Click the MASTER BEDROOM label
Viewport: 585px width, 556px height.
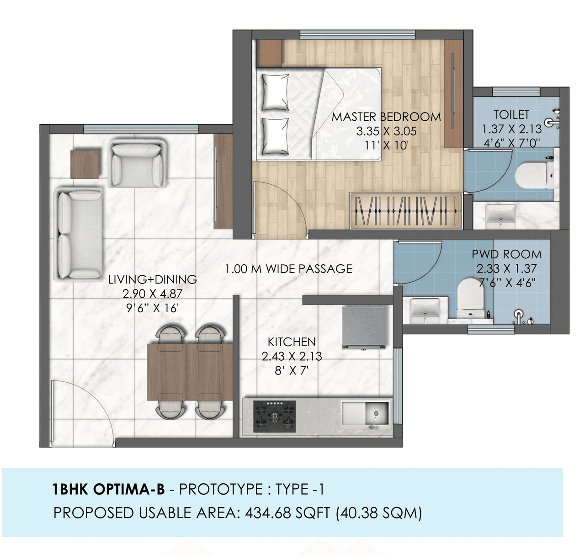(x=386, y=117)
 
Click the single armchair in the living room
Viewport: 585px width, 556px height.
(x=137, y=163)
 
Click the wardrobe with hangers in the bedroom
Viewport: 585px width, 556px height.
(x=405, y=211)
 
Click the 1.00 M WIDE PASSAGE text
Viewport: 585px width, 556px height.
(x=288, y=268)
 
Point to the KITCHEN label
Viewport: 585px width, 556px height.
(x=292, y=342)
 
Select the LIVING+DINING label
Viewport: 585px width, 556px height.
(x=152, y=279)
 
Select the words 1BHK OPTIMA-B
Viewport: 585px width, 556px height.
(x=108, y=490)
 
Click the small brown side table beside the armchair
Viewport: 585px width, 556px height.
(x=85, y=164)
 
